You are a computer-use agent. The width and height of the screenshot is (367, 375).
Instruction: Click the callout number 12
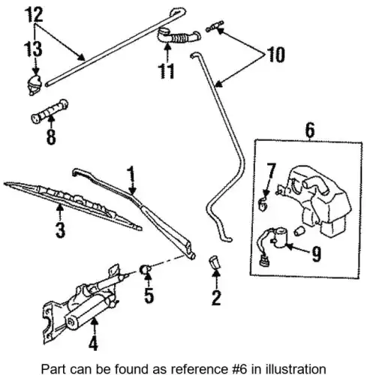pos(35,15)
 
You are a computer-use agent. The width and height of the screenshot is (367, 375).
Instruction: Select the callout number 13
pos(33,49)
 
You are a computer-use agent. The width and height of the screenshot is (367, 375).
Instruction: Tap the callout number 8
pos(51,136)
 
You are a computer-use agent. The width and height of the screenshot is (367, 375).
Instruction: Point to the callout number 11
pos(167,71)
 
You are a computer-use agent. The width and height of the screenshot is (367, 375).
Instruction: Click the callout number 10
pos(276,55)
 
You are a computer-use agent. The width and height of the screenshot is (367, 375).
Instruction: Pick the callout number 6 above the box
pos(310,130)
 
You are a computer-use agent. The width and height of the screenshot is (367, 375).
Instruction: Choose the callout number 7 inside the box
pos(271,170)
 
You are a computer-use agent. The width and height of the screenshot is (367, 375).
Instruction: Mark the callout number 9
pos(317,254)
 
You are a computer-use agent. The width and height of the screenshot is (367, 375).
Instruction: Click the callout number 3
pos(60,230)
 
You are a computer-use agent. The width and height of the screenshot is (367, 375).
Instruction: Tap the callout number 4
pos(93,342)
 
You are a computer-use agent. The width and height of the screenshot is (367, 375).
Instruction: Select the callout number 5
pos(149,295)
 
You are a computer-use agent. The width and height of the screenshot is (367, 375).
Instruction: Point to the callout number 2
pos(216,298)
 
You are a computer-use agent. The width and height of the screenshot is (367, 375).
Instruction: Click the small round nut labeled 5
pos(145,269)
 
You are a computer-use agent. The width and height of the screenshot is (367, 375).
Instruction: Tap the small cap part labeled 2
pos(214,262)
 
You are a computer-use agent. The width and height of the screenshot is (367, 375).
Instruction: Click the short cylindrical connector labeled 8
pos(50,111)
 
